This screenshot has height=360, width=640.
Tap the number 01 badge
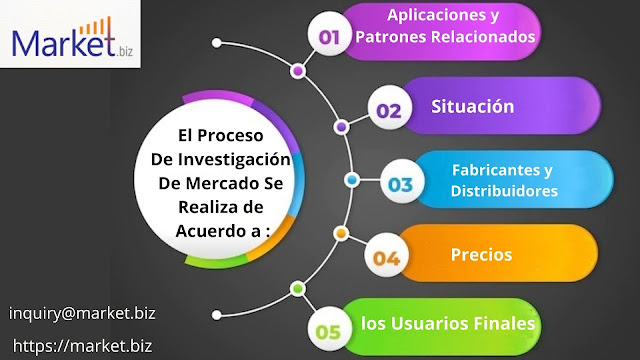(x=329, y=37)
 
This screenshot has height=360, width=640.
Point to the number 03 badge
(x=400, y=183)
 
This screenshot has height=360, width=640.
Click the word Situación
(x=472, y=106)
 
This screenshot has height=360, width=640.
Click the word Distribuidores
(x=503, y=190)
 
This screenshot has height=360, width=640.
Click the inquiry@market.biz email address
(x=82, y=312)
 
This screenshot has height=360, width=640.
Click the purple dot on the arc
(x=341, y=126)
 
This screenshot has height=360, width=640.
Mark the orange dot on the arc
(x=340, y=235)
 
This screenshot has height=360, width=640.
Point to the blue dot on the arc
(x=351, y=181)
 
